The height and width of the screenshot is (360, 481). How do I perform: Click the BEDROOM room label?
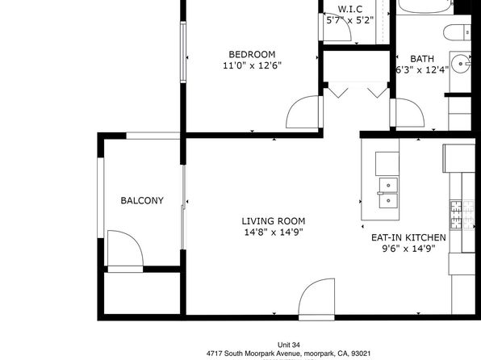pos(252,54)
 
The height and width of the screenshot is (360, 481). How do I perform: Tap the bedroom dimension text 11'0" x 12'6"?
pos(252,65)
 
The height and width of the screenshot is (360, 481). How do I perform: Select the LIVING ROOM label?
pos(274,221)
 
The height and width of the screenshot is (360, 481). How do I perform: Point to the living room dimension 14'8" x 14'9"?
pos(274,232)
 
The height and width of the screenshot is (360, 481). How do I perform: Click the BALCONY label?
pos(142,200)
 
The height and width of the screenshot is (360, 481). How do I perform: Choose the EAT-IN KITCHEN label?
pos(408,237)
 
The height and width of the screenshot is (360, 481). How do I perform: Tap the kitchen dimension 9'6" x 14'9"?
pos(408,249)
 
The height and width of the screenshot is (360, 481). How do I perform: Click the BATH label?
pos(422,59)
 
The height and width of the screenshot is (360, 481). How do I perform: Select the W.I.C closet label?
pos(350,9)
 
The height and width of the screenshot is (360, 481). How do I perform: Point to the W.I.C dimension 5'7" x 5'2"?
pos(350,20)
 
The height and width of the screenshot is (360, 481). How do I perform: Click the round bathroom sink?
pos(461,64)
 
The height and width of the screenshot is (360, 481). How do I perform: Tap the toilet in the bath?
pos(457,32)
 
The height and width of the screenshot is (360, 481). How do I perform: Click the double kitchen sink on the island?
pos(388,193)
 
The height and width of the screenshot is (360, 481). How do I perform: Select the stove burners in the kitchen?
pos(462,215)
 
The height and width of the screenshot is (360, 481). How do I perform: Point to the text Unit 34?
pos(288,345)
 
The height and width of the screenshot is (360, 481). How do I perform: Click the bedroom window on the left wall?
pos(183,52)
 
